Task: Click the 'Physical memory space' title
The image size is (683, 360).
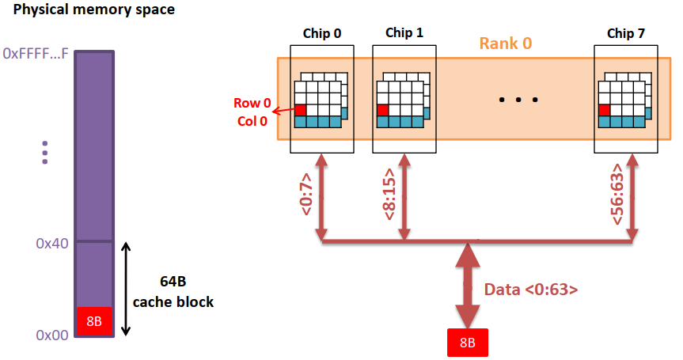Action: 94,10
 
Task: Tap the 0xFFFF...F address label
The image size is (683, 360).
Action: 36,55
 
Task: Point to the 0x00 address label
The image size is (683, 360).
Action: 52,335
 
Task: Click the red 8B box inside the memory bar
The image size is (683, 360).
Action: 94,320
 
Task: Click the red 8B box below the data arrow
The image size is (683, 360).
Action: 467,343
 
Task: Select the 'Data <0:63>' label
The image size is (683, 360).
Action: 531,290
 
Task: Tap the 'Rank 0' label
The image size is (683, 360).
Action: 505,44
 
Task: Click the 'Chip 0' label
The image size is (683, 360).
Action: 322,33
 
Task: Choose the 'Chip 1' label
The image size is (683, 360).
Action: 404,33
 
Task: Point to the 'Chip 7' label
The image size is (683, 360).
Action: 626,33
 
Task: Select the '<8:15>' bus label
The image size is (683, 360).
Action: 389,195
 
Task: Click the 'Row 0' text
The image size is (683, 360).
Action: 252,104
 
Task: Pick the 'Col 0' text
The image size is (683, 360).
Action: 252,121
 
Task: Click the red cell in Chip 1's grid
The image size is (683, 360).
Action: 383,110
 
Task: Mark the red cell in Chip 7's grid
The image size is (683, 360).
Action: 605,110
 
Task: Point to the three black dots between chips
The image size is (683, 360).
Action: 518,100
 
